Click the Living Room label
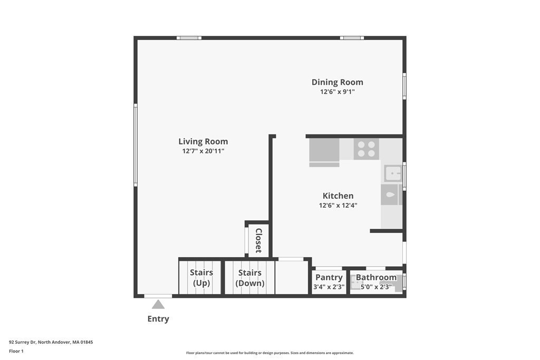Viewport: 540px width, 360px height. point(203,141)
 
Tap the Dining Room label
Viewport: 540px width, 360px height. point(337,82)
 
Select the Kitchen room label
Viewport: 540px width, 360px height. point(338,196)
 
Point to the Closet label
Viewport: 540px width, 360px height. point(259,240)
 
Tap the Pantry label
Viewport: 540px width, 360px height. point(329,277)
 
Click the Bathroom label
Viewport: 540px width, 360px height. point(376,277)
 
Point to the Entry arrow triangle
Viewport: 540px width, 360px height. point(158,304)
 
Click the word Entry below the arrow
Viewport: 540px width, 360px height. point(158,319)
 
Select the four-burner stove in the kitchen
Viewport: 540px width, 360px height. point(366,148)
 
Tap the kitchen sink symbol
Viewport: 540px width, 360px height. point(393,173)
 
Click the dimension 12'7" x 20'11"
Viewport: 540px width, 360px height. point(203,151)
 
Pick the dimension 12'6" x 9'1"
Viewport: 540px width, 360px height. point(337,92)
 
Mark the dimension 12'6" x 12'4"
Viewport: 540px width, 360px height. point(338,206)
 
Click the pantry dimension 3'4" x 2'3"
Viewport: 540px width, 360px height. point(329,287)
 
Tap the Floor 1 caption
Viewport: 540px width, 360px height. point(16,351)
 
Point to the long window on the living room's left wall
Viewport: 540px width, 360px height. point(136,145)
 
